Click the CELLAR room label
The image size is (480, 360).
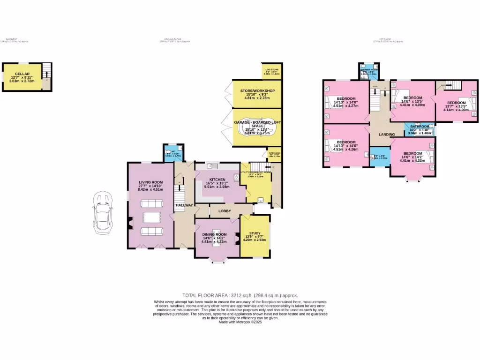point(22,74)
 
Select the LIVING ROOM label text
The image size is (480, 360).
point(150,182)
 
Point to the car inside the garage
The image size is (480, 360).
point(257,128)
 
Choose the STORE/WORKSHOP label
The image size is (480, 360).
point(257,90)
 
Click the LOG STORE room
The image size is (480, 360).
point(271,71)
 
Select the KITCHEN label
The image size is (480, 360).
point(218,180)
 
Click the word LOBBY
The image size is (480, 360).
point(225,211)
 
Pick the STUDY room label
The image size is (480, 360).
point(255,233)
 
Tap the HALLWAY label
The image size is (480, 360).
point(184,205)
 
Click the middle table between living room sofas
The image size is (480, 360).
point(150,217)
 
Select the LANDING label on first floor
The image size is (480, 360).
point(387,135)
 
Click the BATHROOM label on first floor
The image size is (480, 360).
point(420,127)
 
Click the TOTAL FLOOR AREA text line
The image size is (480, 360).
point(240,295)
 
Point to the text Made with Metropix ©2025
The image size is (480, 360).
point(240,322)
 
